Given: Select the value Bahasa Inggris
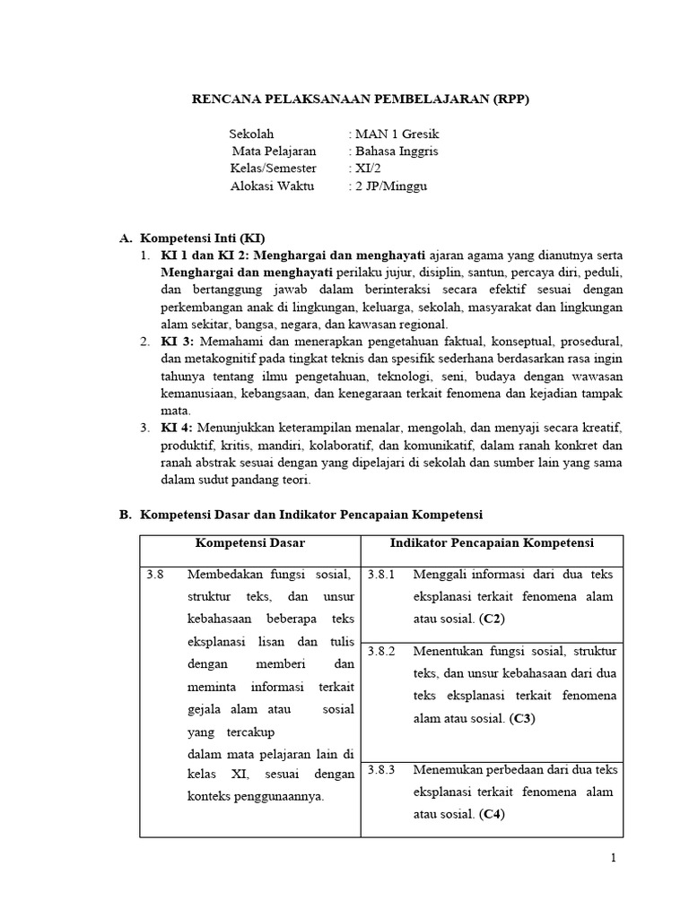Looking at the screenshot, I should [397, 152].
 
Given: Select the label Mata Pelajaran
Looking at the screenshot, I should [275, 152].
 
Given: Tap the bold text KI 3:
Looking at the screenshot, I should [178, 342].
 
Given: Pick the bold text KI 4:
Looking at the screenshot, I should [178, 428].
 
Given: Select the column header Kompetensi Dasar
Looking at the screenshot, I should [250, 543].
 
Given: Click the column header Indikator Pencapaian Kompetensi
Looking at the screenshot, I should [492, 543].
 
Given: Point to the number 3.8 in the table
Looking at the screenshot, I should [155, 575].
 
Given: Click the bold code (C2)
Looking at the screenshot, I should [492, 619].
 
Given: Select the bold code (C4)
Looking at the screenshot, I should [492, 814].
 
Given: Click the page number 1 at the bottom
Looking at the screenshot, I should [614, 858].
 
